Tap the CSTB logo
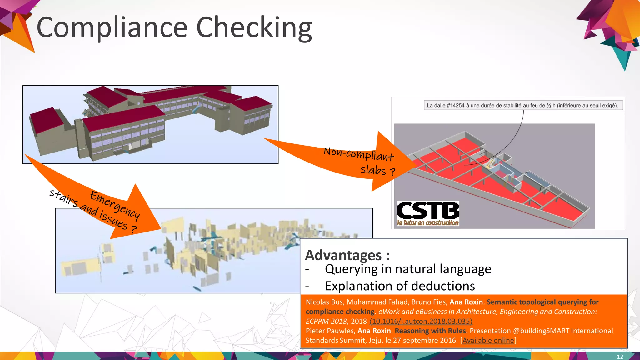427,213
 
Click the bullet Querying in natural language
408,269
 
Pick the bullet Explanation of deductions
400,286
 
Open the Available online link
488,340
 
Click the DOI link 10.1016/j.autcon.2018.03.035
421,321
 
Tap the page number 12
620,357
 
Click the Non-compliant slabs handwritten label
359,161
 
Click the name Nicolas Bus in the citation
324,302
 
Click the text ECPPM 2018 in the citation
326,321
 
